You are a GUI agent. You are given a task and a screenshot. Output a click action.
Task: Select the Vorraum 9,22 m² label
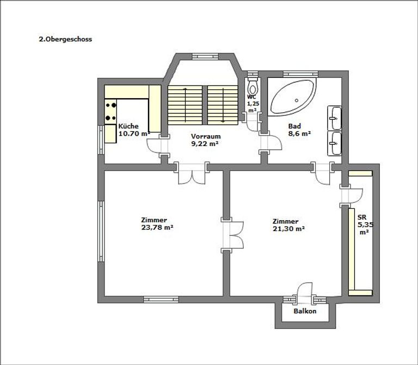tap(205, 141)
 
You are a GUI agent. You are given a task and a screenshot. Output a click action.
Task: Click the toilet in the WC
tap(252, 88)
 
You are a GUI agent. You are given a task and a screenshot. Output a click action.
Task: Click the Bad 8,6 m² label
tap(299, 129)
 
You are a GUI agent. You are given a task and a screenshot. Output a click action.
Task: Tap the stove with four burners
tap(111, 111)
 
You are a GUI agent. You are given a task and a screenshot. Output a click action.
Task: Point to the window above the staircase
tap(204, 54)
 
